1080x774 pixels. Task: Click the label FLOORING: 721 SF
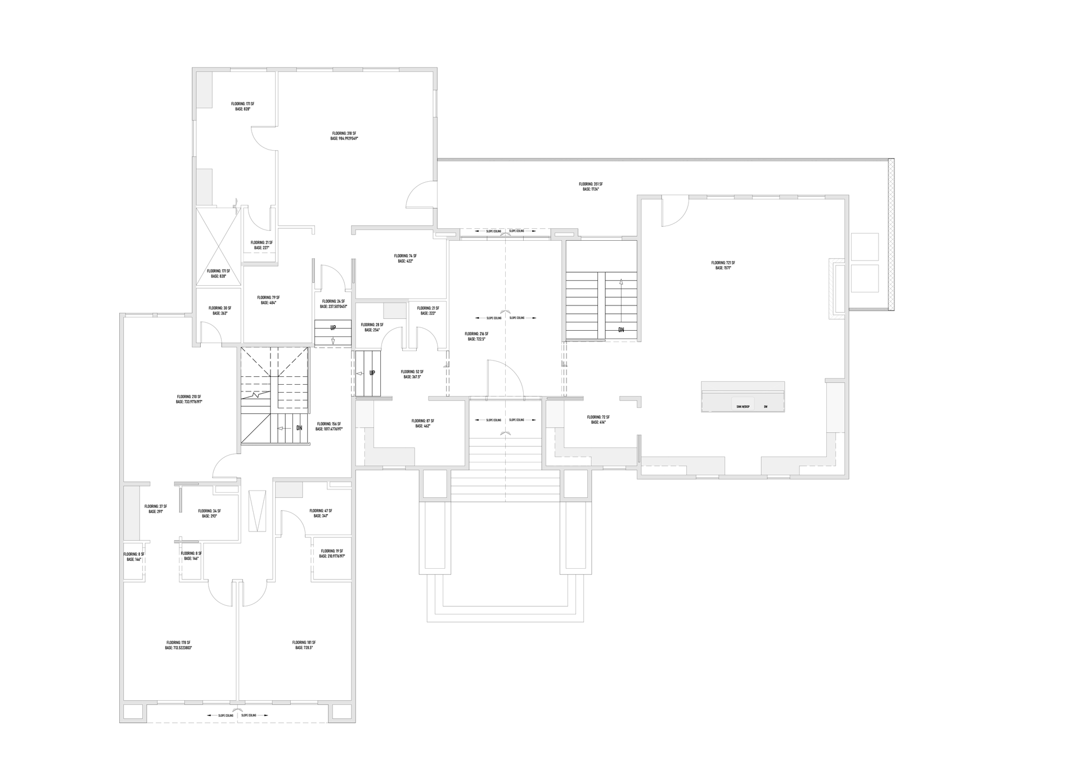pyautogui.click(x=723, y=263)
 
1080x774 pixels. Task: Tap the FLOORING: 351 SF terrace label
pyautogui.click(x=591, y=184)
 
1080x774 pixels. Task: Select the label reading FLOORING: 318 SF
pyautogui.click(x=344, y=134)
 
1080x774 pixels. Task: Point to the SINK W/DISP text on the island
pyautogui.click(x=742, y=407)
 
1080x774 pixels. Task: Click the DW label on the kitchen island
pyautogui.click(x=766, y=407)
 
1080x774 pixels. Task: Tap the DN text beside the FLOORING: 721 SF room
pyautogui.click(x=621, y=330)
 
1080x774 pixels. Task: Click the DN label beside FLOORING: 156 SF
pyautogui.click(x=299, y=428)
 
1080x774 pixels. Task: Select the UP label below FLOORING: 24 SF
pyautogui.click(x=333, y=328)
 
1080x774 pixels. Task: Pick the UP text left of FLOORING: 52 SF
pyautogui.click(x=372, y=373)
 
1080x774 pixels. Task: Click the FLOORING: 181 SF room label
pyautogui.click(x=304, y=642)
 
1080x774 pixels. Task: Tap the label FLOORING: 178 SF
pyautogui.click(x=178, y=642)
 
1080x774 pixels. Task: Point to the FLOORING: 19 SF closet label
pyautogui.click(x=332, y=551)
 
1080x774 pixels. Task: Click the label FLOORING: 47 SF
pyautogui.click(x=321, y=511)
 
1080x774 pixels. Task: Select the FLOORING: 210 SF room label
pyautogui.click(x=189, y=397)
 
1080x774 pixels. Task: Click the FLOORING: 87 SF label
pyautogui.click(x=422, y=421)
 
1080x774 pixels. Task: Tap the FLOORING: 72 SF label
pyautogui.click(x=598, y=417)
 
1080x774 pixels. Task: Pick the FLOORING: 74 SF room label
pyautogui.click(x=405, y=256)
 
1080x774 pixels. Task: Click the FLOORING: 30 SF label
pyautogui.click(x=220, y=308)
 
